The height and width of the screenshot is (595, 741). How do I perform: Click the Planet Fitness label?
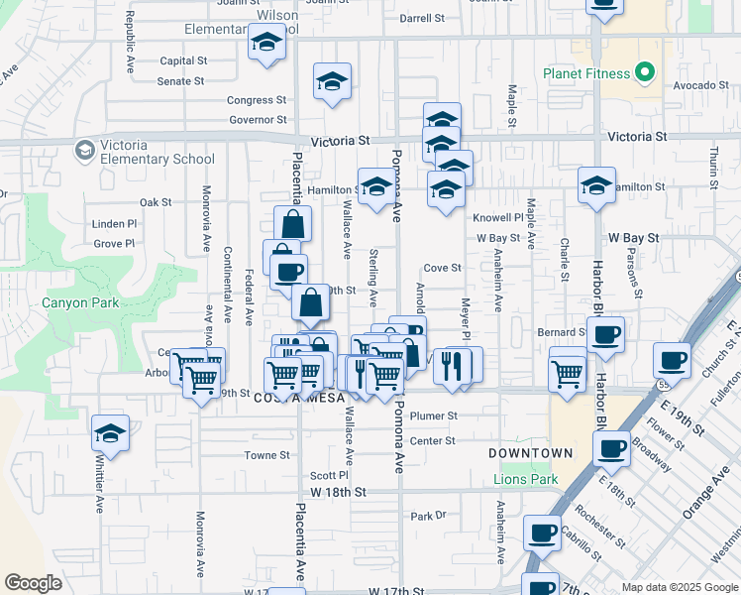point(586,73)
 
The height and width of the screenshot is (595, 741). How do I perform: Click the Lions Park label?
point(527,480)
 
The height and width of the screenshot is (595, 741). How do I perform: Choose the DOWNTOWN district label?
point(531,453)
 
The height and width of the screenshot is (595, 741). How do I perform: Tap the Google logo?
point(34,582)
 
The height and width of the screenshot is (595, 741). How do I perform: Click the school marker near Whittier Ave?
point(110,433)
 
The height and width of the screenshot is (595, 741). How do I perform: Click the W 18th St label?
point(338,492)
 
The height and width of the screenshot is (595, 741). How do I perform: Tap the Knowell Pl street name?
point(497,217)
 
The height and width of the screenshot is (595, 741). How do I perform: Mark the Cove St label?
point(443,268)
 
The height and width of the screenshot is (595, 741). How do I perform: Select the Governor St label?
point(258,120)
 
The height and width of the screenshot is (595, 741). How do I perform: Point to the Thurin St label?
point(713,168)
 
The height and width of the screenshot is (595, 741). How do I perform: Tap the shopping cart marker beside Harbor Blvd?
point(567,374)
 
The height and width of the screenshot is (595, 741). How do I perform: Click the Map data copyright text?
point(679,587)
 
